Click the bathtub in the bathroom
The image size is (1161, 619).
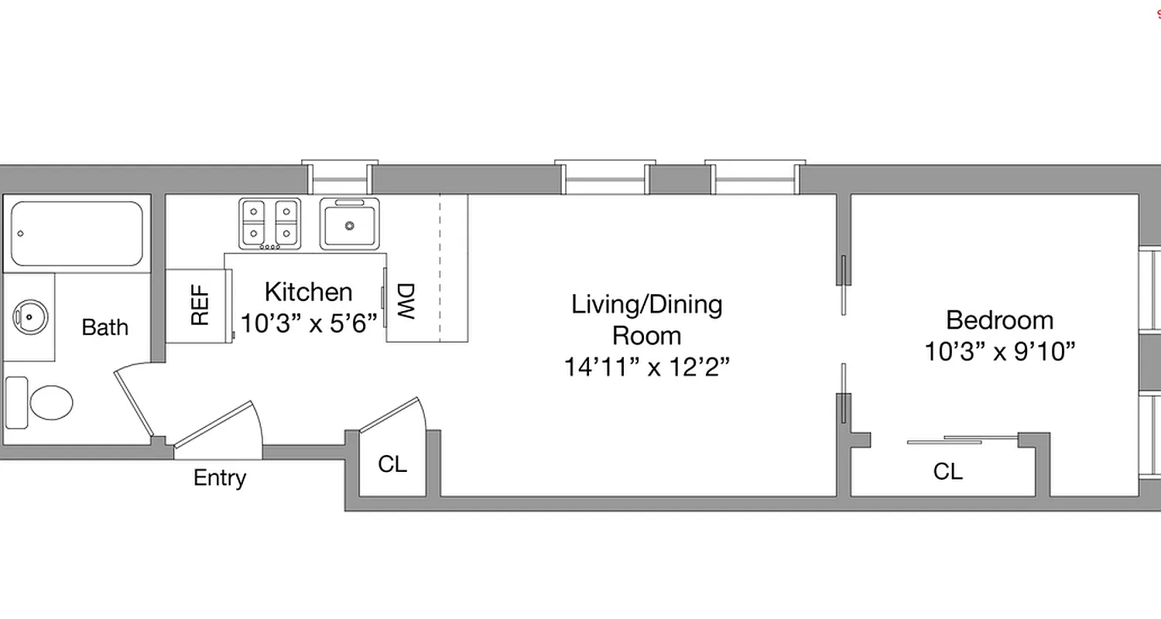pos(76,233)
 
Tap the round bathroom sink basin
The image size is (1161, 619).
pos(30,316)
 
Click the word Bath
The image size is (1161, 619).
pos(104,327)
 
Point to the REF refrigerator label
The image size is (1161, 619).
pos(200,306)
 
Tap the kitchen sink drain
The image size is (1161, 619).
pos(350,226)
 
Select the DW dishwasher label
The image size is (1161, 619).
pos(406,302)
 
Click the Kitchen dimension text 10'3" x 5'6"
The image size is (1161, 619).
pos(308,322)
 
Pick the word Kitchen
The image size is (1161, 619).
pos(308,292)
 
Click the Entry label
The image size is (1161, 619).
pos(220,477)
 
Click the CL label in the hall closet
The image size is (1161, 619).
pos(392,464)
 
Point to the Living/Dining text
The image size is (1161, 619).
pos(646,304)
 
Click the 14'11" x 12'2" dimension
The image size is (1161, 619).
pos(646,367)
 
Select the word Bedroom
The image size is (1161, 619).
pos(999,320)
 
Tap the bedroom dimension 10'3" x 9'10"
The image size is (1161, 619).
pos(999,352)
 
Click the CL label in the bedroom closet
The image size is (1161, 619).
pos(947,470)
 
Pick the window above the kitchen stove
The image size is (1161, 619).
pos(340,178)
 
